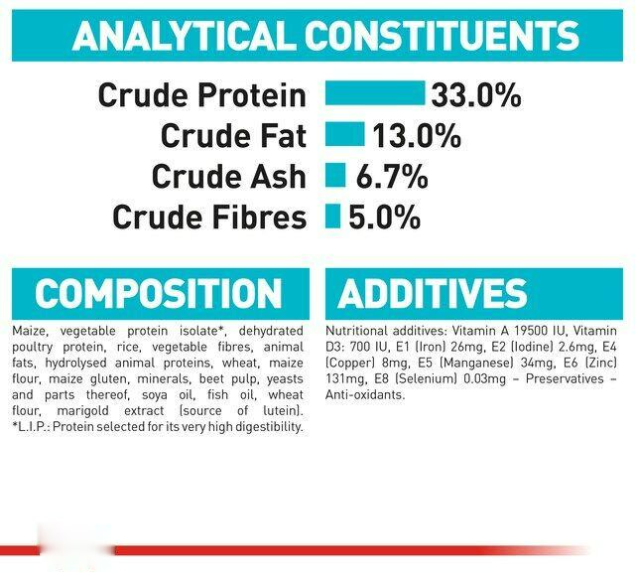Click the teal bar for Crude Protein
(375, 93)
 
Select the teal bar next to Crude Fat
(345, 134)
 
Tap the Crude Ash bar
(335, 175)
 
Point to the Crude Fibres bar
(332, 216)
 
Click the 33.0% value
(476, 95)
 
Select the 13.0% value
(417, 136)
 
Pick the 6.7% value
(392, 177)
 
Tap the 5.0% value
(384, 217)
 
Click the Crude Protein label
(201, 95)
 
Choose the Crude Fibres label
(209, 217)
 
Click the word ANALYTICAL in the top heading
(184, 36)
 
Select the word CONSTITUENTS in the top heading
(442, 36)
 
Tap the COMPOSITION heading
(159, 293)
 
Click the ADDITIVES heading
(433, 293)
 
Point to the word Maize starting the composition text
(31, 331)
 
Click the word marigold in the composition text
(82, 410)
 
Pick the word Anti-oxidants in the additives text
(365, 395)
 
